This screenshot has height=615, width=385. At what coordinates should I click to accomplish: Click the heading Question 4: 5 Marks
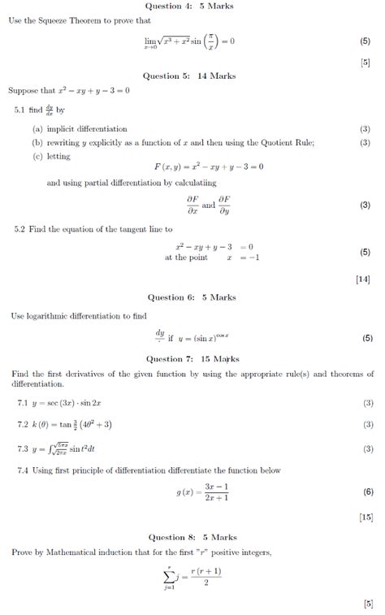[192, 6]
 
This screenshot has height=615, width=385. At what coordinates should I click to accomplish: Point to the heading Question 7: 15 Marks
[192, 358]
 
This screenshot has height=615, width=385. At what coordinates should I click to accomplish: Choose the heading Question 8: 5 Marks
[192, 537]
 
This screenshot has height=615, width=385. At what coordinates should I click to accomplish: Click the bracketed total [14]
[363, 279]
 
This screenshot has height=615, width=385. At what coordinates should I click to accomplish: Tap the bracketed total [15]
[365, 516]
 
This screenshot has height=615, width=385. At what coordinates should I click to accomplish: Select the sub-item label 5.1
[21, 109]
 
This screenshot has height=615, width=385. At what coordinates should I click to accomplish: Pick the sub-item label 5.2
[21, 229]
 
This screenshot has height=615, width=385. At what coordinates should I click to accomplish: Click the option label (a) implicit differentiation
[80, 128]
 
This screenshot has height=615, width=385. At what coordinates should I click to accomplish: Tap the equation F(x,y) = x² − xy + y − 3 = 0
[209, 166]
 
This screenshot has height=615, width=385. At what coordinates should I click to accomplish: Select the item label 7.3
[22, 448]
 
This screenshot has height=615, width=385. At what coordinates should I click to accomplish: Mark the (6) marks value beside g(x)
[368, 492]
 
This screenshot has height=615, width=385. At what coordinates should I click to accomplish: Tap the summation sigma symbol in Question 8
[168, 577]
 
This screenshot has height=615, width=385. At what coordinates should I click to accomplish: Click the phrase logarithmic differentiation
[67, 315]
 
